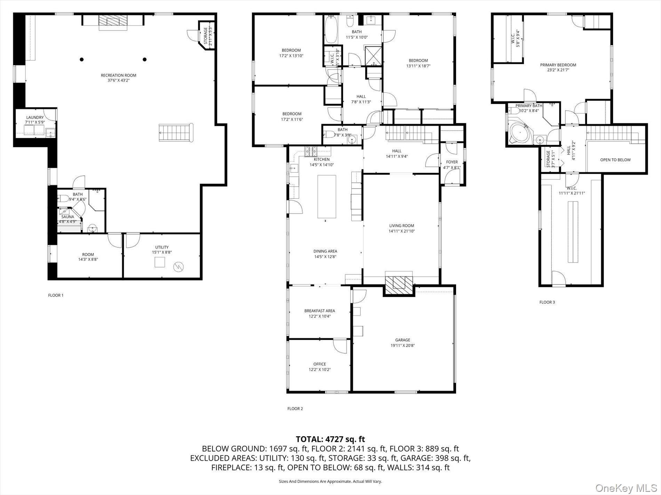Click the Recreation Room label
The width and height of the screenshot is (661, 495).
point(118,75)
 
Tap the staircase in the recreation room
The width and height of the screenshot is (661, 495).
point(176,132)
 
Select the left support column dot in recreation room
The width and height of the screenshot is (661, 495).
point(82,59)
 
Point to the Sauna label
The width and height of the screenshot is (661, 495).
point(68,216)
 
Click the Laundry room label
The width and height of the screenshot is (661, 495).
point(35,117)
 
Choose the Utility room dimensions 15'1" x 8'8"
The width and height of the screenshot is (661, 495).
point(162,253)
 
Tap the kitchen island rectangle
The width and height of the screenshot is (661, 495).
point(327,196)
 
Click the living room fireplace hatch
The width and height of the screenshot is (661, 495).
point(399,283)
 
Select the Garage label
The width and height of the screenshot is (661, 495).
point(403,340)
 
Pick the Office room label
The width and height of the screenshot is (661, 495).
point(319,364)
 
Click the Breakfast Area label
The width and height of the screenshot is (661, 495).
point(319,311)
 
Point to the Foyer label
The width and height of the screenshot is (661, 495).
point(452,162)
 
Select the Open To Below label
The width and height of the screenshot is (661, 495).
point(615,160)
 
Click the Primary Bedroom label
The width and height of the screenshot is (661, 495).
point(558,65)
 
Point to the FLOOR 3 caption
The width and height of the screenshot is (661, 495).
point(547,302)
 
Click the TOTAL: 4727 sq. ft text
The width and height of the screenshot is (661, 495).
point(330,439)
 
